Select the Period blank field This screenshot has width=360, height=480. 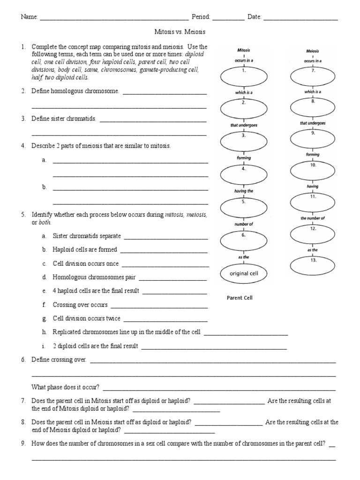pos(228,18)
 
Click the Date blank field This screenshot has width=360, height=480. pos(300,18)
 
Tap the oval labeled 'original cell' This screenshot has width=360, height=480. pos(244,274)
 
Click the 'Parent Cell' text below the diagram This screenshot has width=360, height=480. pos(240,298)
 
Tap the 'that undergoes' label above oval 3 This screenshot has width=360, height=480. pos(244,126)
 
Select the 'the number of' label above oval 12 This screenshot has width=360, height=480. pos(312,218)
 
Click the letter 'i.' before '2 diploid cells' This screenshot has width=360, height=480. pos(44,346)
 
